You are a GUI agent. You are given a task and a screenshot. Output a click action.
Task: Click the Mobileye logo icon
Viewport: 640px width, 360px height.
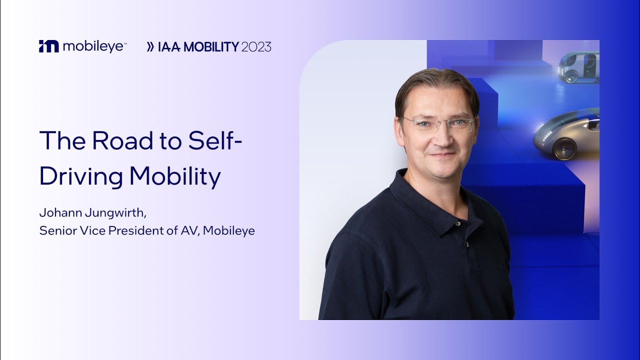[49, 46]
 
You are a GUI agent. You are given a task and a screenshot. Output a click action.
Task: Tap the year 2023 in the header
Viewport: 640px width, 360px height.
[256, 47]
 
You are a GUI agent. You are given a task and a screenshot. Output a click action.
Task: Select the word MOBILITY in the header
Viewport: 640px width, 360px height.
[211, 47]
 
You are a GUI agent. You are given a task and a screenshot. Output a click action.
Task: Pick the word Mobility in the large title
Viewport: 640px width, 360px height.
[175, 176]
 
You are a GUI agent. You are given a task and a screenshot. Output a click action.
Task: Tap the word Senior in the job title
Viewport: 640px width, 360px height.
[54, 231]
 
